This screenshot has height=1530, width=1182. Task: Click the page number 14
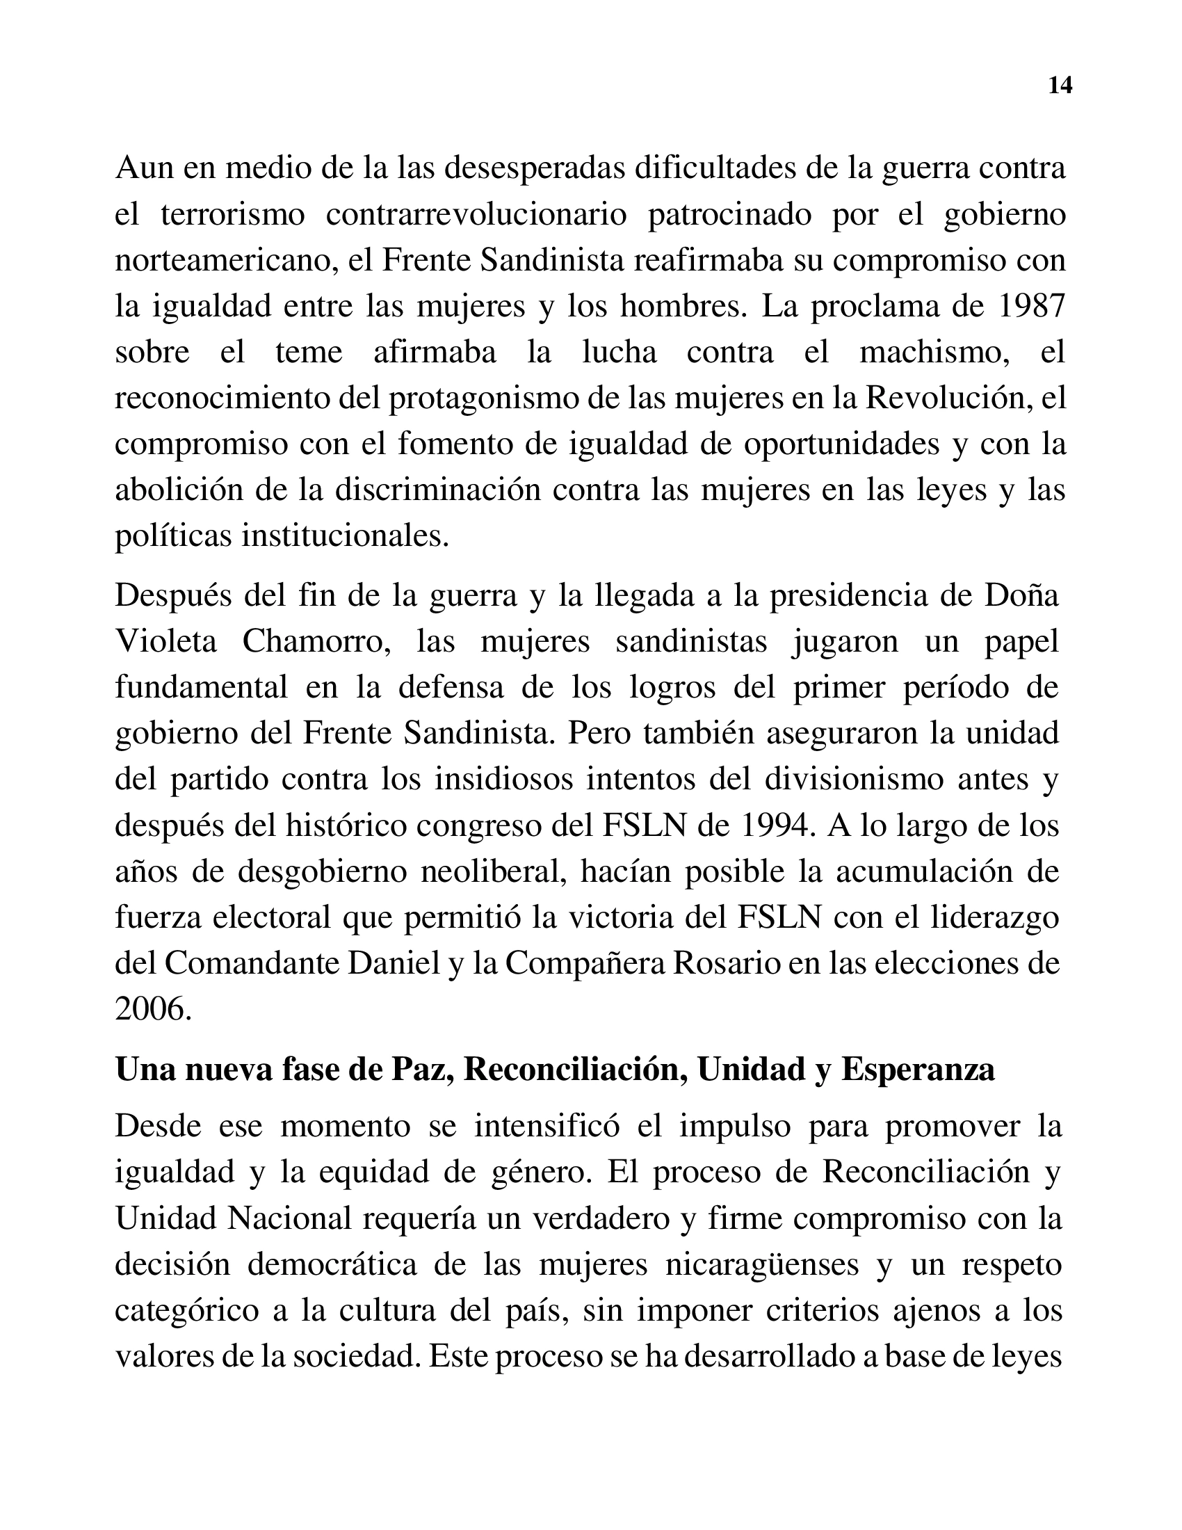(x=1060, y=86)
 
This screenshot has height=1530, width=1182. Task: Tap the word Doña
(x=1021, y=595)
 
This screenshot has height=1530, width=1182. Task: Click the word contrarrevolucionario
(x=476, y=214)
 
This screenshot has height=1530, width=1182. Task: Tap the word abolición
(x=179, y=490)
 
